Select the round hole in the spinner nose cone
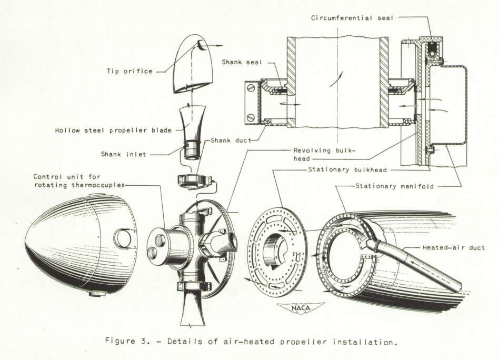(x=123, y=238)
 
